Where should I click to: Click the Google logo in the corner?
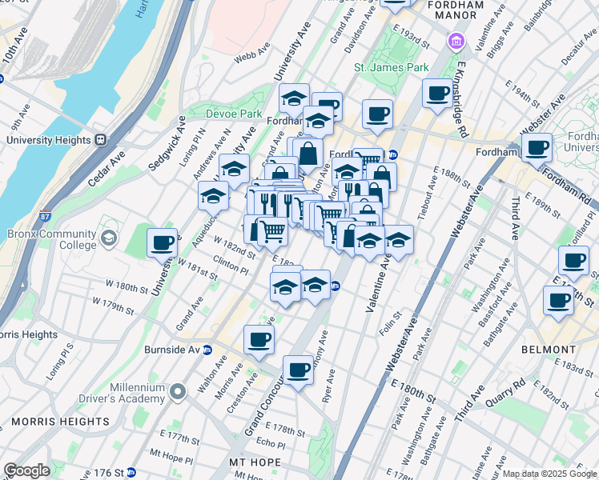pyautogui.click(x=26, y=470)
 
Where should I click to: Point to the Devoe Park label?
pyautogui.click(x=234, y=114)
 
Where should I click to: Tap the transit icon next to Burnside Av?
pyautogui.click(x=207, y=350)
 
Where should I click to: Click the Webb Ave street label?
pyautogui.click(x=249, y=58)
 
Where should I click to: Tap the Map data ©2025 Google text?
pyautogui.click(x=549, y=474)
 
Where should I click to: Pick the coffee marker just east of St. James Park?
pyautogui.click(x=437, y=94)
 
